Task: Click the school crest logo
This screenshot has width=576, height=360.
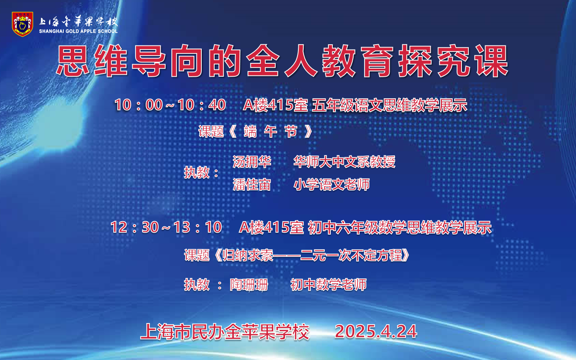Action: tap(22, 24)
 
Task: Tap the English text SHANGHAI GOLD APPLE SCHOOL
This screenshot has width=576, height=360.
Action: tap(78, 31)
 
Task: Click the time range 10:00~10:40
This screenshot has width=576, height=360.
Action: tap(170, 105)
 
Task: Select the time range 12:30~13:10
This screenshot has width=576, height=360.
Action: tap(166, 227)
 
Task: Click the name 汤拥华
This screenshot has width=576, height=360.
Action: tap(252, 162)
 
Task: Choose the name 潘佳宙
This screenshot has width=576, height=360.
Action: tap(252, 185)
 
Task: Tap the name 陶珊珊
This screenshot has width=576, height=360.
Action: tap(249, 285)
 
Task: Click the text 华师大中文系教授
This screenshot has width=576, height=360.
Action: tap(344, 162)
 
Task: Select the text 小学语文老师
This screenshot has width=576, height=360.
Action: tap(331, 185)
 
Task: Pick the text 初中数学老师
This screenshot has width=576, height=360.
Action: tap(328, 285)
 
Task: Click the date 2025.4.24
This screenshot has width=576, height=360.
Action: tap(375, 332)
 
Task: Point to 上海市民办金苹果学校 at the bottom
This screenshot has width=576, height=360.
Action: tap(224, 332)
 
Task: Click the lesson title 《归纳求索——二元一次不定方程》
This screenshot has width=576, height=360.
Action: tap(312, 255)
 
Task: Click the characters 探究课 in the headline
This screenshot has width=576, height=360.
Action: tap(453, 62)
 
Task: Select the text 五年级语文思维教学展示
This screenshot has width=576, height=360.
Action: tap(390, 106)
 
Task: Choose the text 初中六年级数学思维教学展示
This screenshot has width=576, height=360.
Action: tap(399, 228)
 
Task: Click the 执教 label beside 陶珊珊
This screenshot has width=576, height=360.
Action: tap(197, 285)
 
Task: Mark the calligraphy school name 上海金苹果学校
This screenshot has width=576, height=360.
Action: tap(78, 22)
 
